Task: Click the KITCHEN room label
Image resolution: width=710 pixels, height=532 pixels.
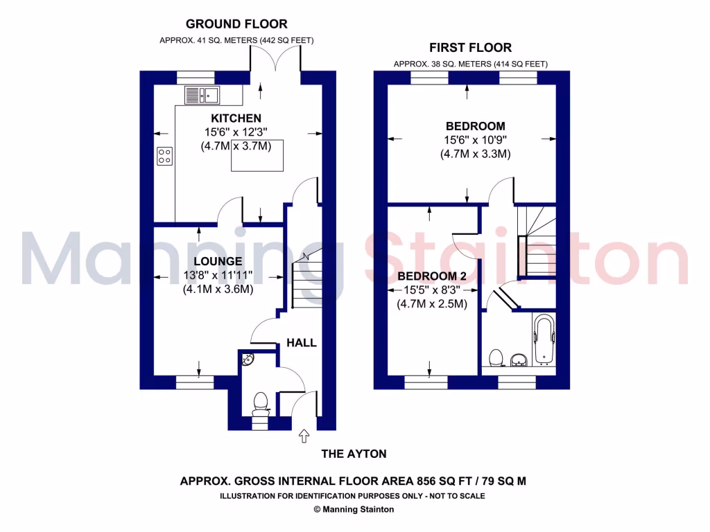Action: tap(217, 118)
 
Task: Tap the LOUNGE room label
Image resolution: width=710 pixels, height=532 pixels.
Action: tap(218, 261)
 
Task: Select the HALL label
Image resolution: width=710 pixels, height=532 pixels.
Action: tap(302, 342)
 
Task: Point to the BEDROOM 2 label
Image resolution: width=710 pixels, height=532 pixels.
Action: tap(431, 276)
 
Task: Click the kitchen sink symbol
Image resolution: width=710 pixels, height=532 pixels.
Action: tap(202, 94)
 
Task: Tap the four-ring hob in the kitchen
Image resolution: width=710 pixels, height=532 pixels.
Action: tap(165, 156)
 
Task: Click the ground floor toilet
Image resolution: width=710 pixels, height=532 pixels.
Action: tap(261, 402)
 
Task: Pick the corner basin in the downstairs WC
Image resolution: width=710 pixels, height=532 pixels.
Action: tap(249, 360)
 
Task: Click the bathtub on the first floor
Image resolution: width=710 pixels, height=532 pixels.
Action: tap(544, 341)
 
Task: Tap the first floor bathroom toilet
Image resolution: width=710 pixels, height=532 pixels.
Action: tap(495, 358)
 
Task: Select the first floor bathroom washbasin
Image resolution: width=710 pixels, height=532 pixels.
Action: tap(518, 360)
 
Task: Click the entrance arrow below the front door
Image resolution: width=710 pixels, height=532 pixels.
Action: tap(304, 436)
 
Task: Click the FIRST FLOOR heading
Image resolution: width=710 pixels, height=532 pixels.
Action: tap(470, 48)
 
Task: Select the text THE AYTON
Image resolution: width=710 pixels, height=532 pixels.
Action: tap(354, 454)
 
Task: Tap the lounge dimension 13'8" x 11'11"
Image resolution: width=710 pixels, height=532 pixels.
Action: tap(218, 276)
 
